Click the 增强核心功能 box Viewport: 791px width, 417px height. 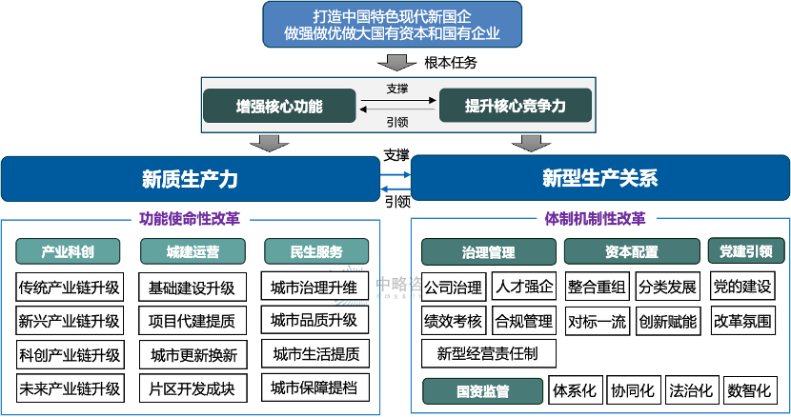click(x=279, y=106)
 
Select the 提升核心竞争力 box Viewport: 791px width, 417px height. click(x=515, y=106)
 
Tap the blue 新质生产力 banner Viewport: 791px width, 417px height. click(x=190, y=178)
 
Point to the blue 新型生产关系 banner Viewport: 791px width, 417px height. click(x=599, y=178)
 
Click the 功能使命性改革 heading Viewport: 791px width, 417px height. click(x=190, y=217)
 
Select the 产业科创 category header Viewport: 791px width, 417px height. click(x=68, y=251)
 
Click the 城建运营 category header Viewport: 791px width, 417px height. click(x=193, y=251)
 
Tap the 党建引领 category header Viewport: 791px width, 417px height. click(x=746, y=251)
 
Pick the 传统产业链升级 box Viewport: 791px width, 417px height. click(x=69, y=288)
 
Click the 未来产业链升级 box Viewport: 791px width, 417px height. click(x=69, y=388)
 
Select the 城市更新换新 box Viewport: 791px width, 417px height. click(x=193, y=355)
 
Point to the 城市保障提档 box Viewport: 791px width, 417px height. click(x=314, y=388)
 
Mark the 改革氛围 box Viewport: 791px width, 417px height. click(x=743, y=321)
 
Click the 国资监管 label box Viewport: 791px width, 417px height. click(x=482, y=390)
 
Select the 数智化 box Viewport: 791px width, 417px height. click(x=751, y=390)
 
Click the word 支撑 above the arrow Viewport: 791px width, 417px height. click(x=397, y=89)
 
